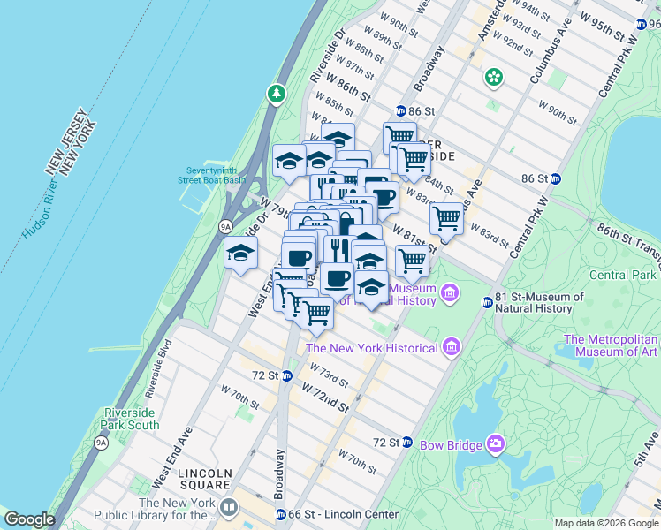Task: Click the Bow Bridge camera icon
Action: [x=496, y=442]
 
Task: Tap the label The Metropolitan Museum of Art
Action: [x=612, y=345]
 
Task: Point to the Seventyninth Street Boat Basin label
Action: [x=216, y=175]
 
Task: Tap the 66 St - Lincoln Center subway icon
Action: [x=280, y=514]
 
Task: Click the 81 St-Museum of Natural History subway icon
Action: [x=486, y=303]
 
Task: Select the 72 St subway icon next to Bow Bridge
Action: [x=407, y=442]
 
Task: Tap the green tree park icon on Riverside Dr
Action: [x=277, y=93]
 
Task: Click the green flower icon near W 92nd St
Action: [x=493, y=78]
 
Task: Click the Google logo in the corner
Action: [x=30, y=519]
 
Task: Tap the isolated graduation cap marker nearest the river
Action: [x=240, y=254]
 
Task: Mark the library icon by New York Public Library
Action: [x=229, y=507]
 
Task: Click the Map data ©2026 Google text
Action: [x=606, y=523]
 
